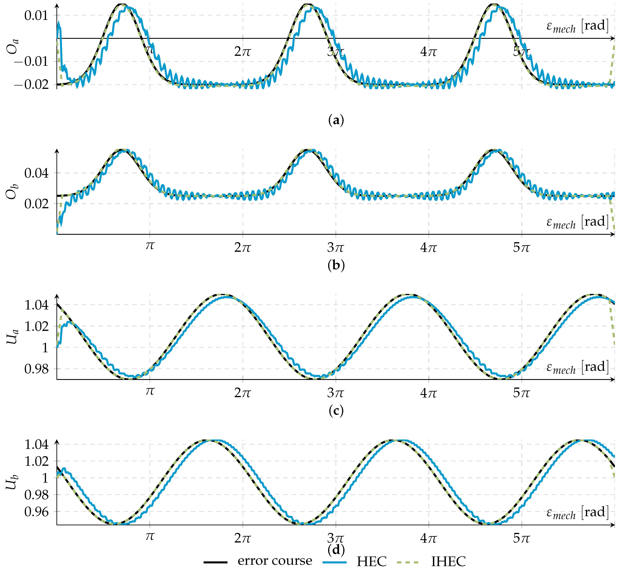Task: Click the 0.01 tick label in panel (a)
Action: pos(36,16)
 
